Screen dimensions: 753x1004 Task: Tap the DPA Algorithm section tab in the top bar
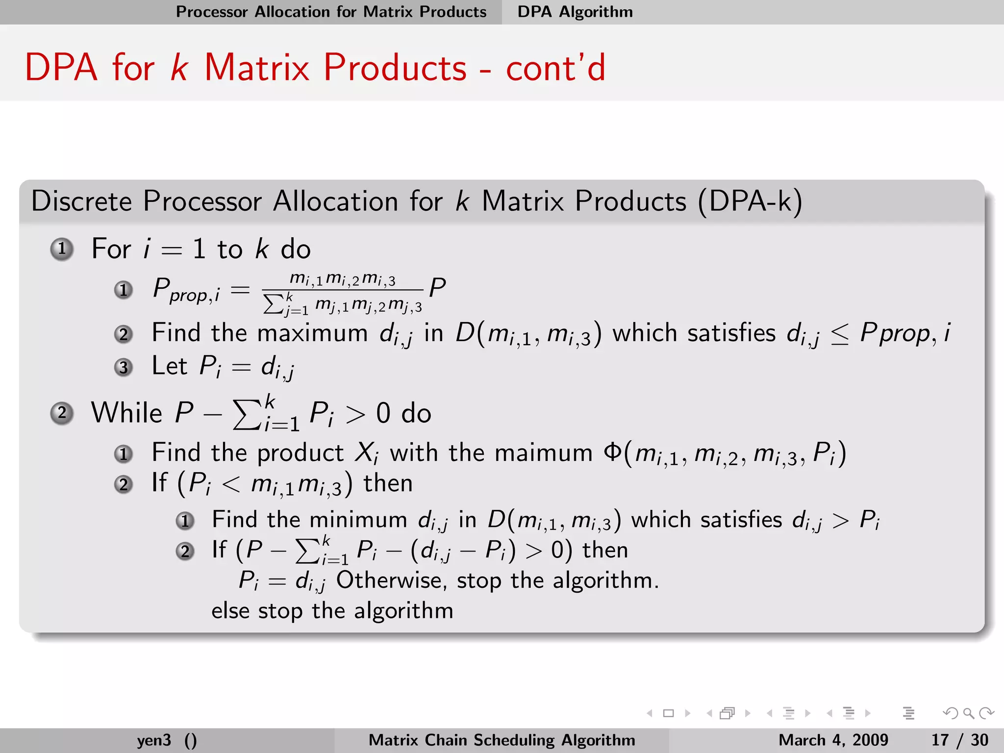[575, 12]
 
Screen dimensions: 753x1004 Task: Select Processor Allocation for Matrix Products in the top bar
[331, 12]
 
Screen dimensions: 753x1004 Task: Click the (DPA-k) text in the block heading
[750, 201]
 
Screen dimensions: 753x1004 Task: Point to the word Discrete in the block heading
[81, 201]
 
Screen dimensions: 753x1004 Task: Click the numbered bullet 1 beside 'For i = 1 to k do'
[62, 249]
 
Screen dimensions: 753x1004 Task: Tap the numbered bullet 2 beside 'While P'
[62, 413]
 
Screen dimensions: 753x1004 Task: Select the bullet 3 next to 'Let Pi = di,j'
[124, 367]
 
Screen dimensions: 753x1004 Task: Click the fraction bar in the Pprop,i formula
[342, 290]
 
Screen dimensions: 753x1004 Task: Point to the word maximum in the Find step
[312, 333]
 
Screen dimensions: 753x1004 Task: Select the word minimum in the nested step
[358, 520]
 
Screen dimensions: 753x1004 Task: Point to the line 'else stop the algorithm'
[332, 611]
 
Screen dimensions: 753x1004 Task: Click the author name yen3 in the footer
[154, 740]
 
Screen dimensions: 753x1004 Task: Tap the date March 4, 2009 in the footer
[833, 740]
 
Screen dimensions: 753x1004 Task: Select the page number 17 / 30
[959, 740]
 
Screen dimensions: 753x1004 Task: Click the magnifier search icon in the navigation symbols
[968, 713]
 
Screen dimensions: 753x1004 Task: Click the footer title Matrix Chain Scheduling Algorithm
[502, 740]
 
